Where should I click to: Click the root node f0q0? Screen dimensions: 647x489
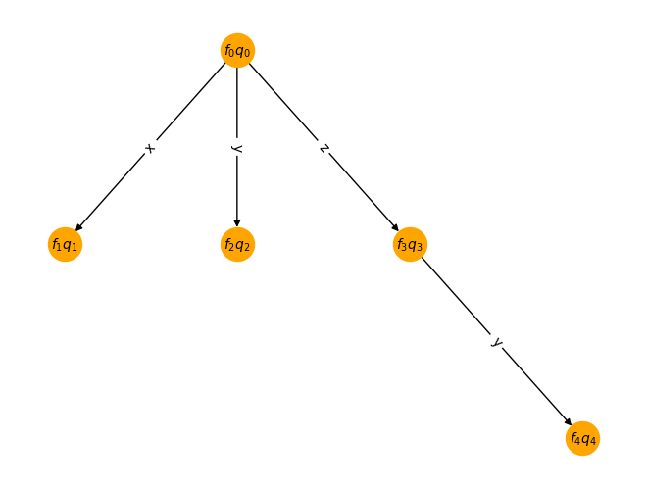click(237, 50)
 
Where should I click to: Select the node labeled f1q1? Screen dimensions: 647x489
click(66, 245)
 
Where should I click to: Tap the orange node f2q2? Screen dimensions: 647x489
click(237, 245)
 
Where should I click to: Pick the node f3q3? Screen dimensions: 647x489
click(410, 245)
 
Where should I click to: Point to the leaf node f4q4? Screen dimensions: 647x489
click(582, 438)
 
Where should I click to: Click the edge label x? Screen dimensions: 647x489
click(151, 148)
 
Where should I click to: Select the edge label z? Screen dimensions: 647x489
click(324, 148)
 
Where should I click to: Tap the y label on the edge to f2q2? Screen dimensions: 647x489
click(236, 148)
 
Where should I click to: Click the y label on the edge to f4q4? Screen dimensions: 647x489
click(497, 342)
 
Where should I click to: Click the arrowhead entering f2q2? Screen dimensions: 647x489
click(237, 223)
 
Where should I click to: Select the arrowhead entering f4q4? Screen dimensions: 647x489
click(569, 422)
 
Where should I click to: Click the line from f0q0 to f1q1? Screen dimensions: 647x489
click(151, 147)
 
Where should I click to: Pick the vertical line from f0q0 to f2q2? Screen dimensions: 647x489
click(237, 147)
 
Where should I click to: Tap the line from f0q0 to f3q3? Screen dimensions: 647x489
click(323, 147)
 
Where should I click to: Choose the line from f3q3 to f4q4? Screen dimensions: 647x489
click(496, 341)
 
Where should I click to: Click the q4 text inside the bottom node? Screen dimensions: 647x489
click(589, 440)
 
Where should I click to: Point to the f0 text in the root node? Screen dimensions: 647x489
click(229, 51)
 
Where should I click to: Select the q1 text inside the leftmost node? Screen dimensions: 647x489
click(70, 246)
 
